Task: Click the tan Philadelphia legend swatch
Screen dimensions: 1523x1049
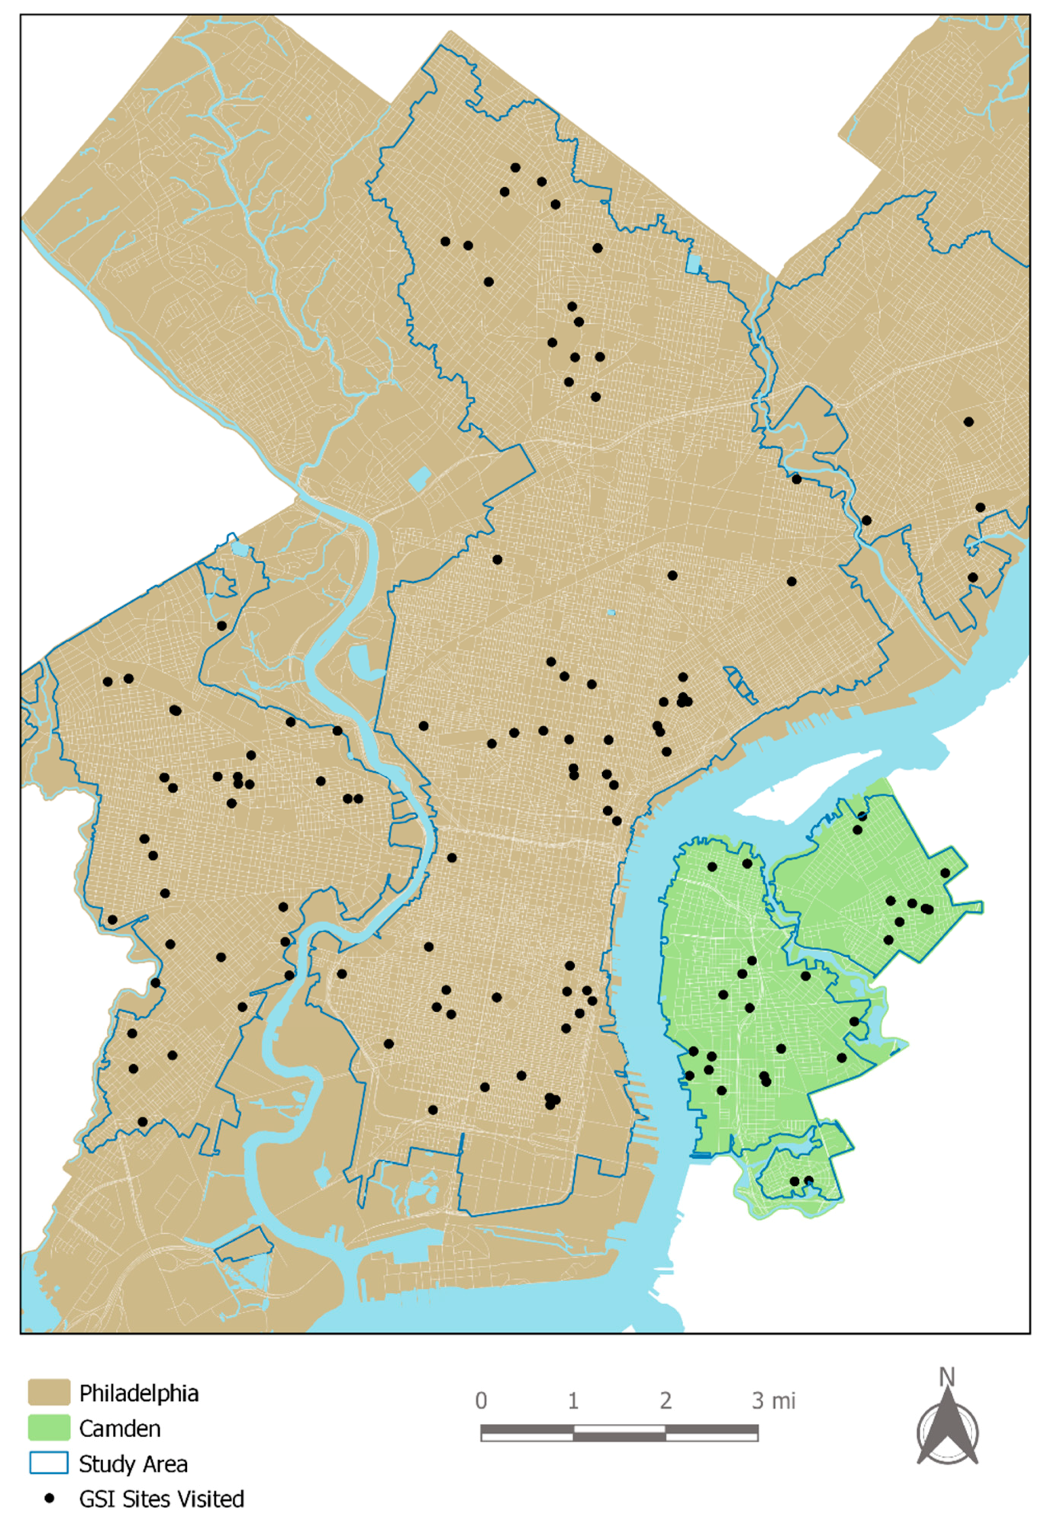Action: coord(49,1393)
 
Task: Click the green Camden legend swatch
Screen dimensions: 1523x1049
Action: coord(49,1428)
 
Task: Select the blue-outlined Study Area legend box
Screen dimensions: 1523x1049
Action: coord(49,1463)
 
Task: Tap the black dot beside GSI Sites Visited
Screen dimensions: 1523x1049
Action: coord(49,1498)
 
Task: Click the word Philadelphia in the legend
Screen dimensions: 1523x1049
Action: coord(139,1393)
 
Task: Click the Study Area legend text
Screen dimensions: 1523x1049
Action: coord(134,1464)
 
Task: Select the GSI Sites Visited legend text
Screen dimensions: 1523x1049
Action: coord(162,1499)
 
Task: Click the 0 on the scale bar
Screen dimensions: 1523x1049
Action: coord(481,1401)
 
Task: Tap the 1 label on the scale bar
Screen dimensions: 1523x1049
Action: coord(573,1401)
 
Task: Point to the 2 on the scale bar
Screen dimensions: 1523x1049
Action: coord(666,1401)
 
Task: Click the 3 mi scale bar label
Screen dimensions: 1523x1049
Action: coord(773,1401)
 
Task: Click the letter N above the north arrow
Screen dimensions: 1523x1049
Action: coord(947,1377)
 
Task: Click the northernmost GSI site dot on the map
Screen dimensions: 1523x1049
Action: coord(515,168)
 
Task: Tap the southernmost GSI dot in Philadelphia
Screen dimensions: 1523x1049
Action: coord(143,1122)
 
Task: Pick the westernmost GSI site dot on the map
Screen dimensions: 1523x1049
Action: coord(108,682)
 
